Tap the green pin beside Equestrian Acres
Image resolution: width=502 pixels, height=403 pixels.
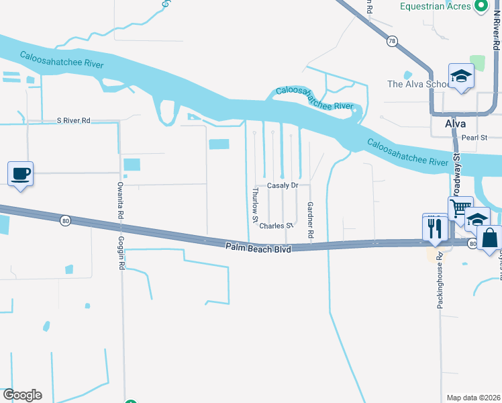tap(481, 6)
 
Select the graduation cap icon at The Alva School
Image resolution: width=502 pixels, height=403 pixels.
tap(462, 76)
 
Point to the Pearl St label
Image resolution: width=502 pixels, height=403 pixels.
tap(474, 138)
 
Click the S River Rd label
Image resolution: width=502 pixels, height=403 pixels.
tap(73, 120)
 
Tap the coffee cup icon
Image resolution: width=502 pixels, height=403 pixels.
tap(21, 174)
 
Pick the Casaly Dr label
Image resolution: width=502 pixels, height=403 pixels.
tap(282, 185)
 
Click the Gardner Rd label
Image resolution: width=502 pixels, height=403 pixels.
tap(310, 220)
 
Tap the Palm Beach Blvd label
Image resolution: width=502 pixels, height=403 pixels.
tap(258, 249)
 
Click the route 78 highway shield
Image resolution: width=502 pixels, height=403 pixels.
tap(391, 41)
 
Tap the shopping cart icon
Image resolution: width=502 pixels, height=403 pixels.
tap(461, 209)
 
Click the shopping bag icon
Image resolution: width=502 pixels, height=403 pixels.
tap(490, 236)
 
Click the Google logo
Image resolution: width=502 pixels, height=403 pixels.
tap(22, 395)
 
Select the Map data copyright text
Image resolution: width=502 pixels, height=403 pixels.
tap(473, 398)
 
